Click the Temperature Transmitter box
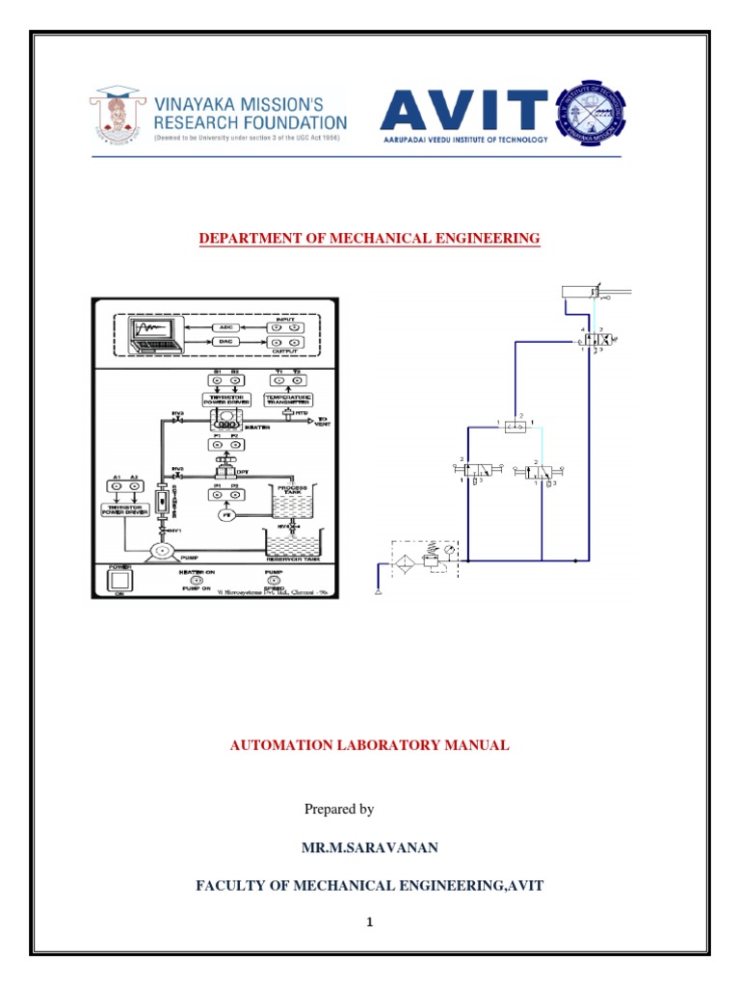[x=287, y=398]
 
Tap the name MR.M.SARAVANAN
[x=369, y=846]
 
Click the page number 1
[x=368, y=922]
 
